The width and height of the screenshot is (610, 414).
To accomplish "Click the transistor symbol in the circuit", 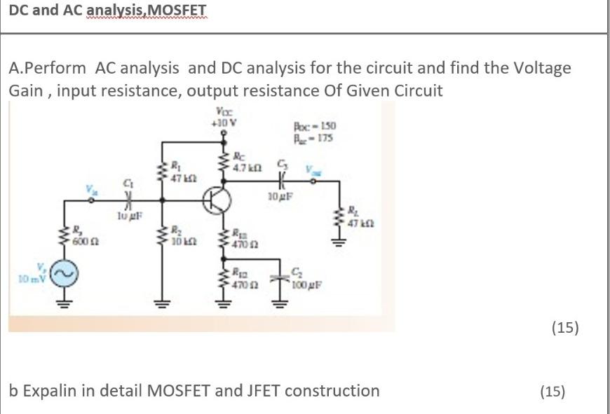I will (x=216, y=200).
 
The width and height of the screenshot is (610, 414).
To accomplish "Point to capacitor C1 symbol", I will (x=129, y=200).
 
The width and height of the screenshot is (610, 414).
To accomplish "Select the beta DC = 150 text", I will (x=317, y=127).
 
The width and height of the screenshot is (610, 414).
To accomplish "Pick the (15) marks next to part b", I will (x=553, y=391).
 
